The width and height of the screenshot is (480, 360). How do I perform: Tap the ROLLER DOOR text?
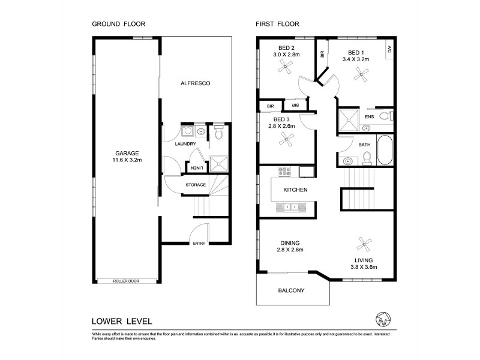(x=126, y=281)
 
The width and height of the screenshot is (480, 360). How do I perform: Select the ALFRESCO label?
(x=196, y=83)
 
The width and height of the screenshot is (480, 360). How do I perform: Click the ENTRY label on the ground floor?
(x=198, y=242)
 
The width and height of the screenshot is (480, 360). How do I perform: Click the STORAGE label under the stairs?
(x=196, y=184)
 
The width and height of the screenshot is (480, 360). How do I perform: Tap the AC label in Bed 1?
(x=389, y=49)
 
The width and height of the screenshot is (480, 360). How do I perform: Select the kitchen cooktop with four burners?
(x=284, y=171)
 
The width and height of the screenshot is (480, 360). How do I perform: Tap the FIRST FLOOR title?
(x=277, y=25)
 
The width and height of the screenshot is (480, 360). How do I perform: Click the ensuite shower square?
(x=349, y=119)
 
